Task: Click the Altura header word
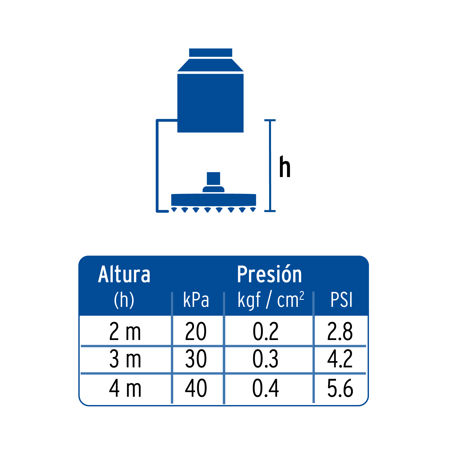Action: [124, 274]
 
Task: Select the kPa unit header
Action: [196, 300]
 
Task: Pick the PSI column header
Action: [342, 300]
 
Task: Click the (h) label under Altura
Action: [124, 300]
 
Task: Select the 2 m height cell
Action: [125, 331]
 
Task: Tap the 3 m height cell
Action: [125, 359]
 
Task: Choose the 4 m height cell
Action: [125, 388]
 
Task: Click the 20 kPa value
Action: [196, 331]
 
